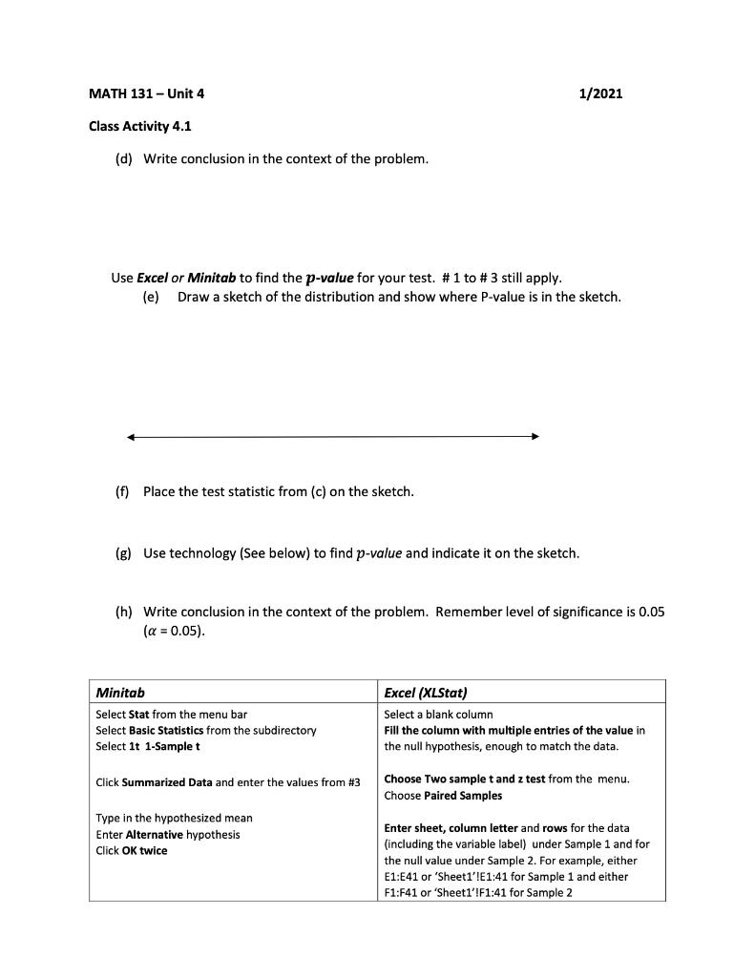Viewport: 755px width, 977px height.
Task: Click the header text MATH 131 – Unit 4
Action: point(146,94)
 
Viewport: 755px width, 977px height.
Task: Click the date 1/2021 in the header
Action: point(600,94)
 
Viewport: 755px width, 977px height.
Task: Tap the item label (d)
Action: point(123,158)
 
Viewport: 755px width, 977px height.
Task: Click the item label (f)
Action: point(122,491)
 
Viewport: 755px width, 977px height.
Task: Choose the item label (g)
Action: point(123,553)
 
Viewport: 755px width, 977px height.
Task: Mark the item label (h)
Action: point(123,612)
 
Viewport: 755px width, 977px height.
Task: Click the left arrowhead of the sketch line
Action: point(131,437)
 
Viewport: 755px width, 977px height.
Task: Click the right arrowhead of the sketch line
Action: point(535,437)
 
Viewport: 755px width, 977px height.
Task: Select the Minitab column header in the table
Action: point(120,692)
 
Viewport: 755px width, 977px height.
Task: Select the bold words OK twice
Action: point(144,851)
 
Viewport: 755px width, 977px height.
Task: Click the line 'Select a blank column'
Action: point(438,714)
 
